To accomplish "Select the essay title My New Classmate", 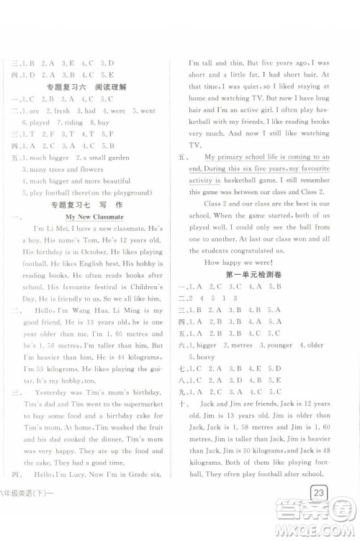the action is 94,217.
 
